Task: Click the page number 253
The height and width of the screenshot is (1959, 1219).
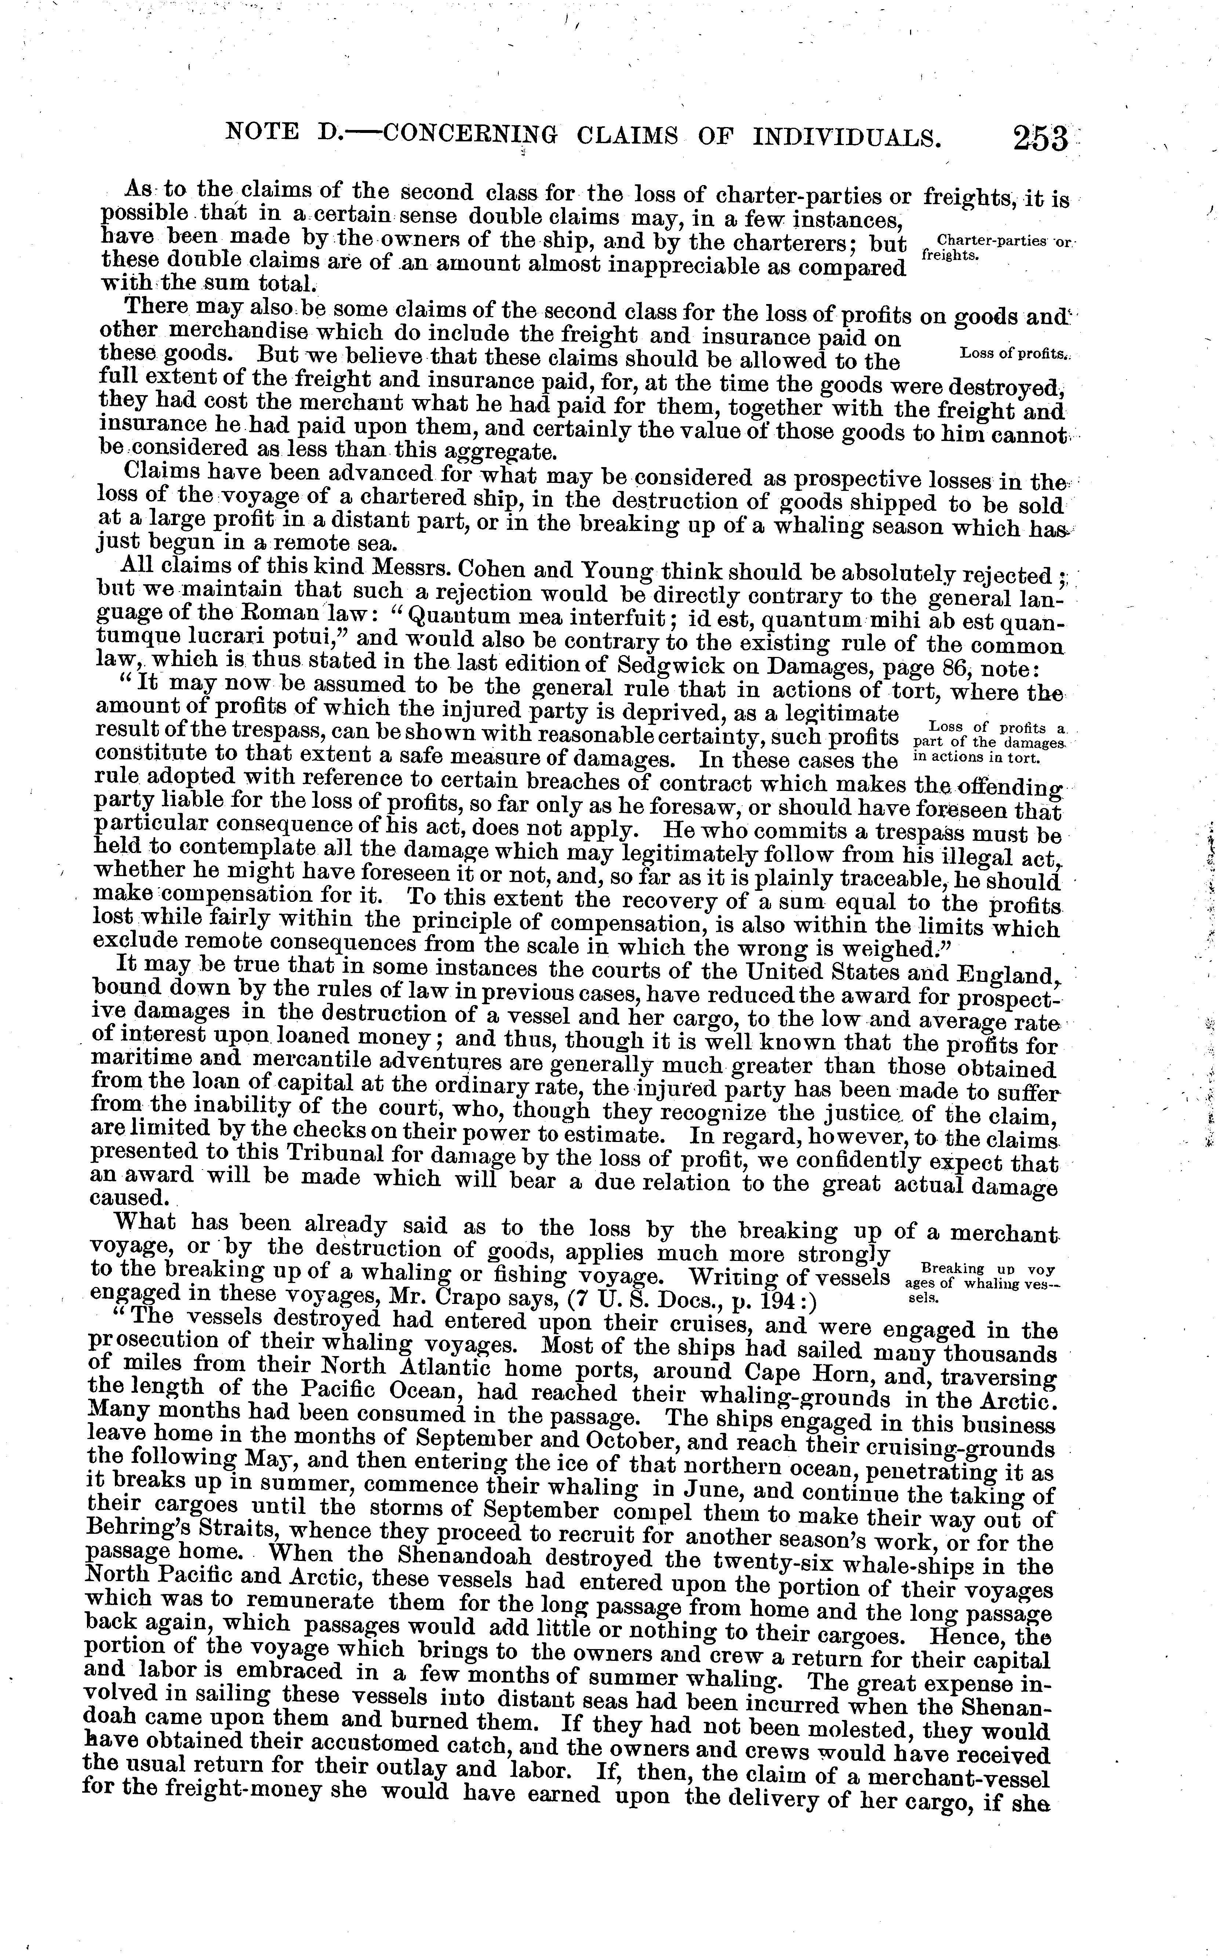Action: (x=1040, y=139)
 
